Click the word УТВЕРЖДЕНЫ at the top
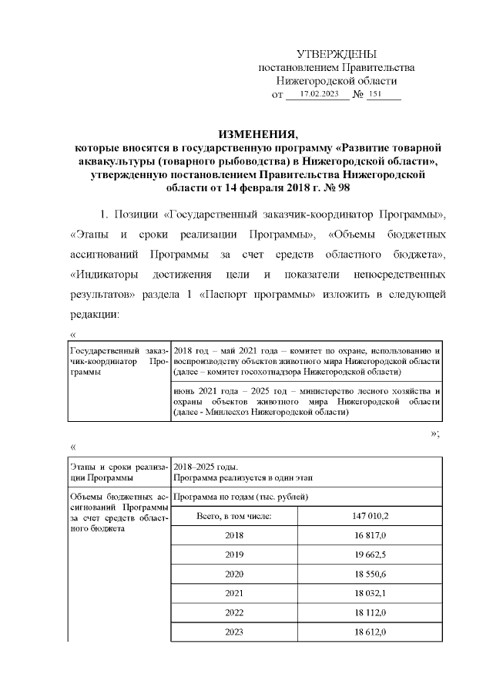pyautogui.click(x=337, y=54)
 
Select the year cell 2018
pyautogui.click(x=233, y=534)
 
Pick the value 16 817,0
pyautogui.click(x=370, y=534)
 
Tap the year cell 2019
pyautogui.click(x=233, y=555)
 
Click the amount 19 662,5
pyautogui.click(x=370, y=555)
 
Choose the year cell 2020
pyautogui.click(x=233, y=574)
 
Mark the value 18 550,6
pyautogui.click(x=370, y=574)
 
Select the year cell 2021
pyautogui.click(x=233, y=593)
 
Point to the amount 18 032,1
pyautogui.click(x=370, y=593)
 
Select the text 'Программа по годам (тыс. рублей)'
pyautogui.click(x=240, y=496)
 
